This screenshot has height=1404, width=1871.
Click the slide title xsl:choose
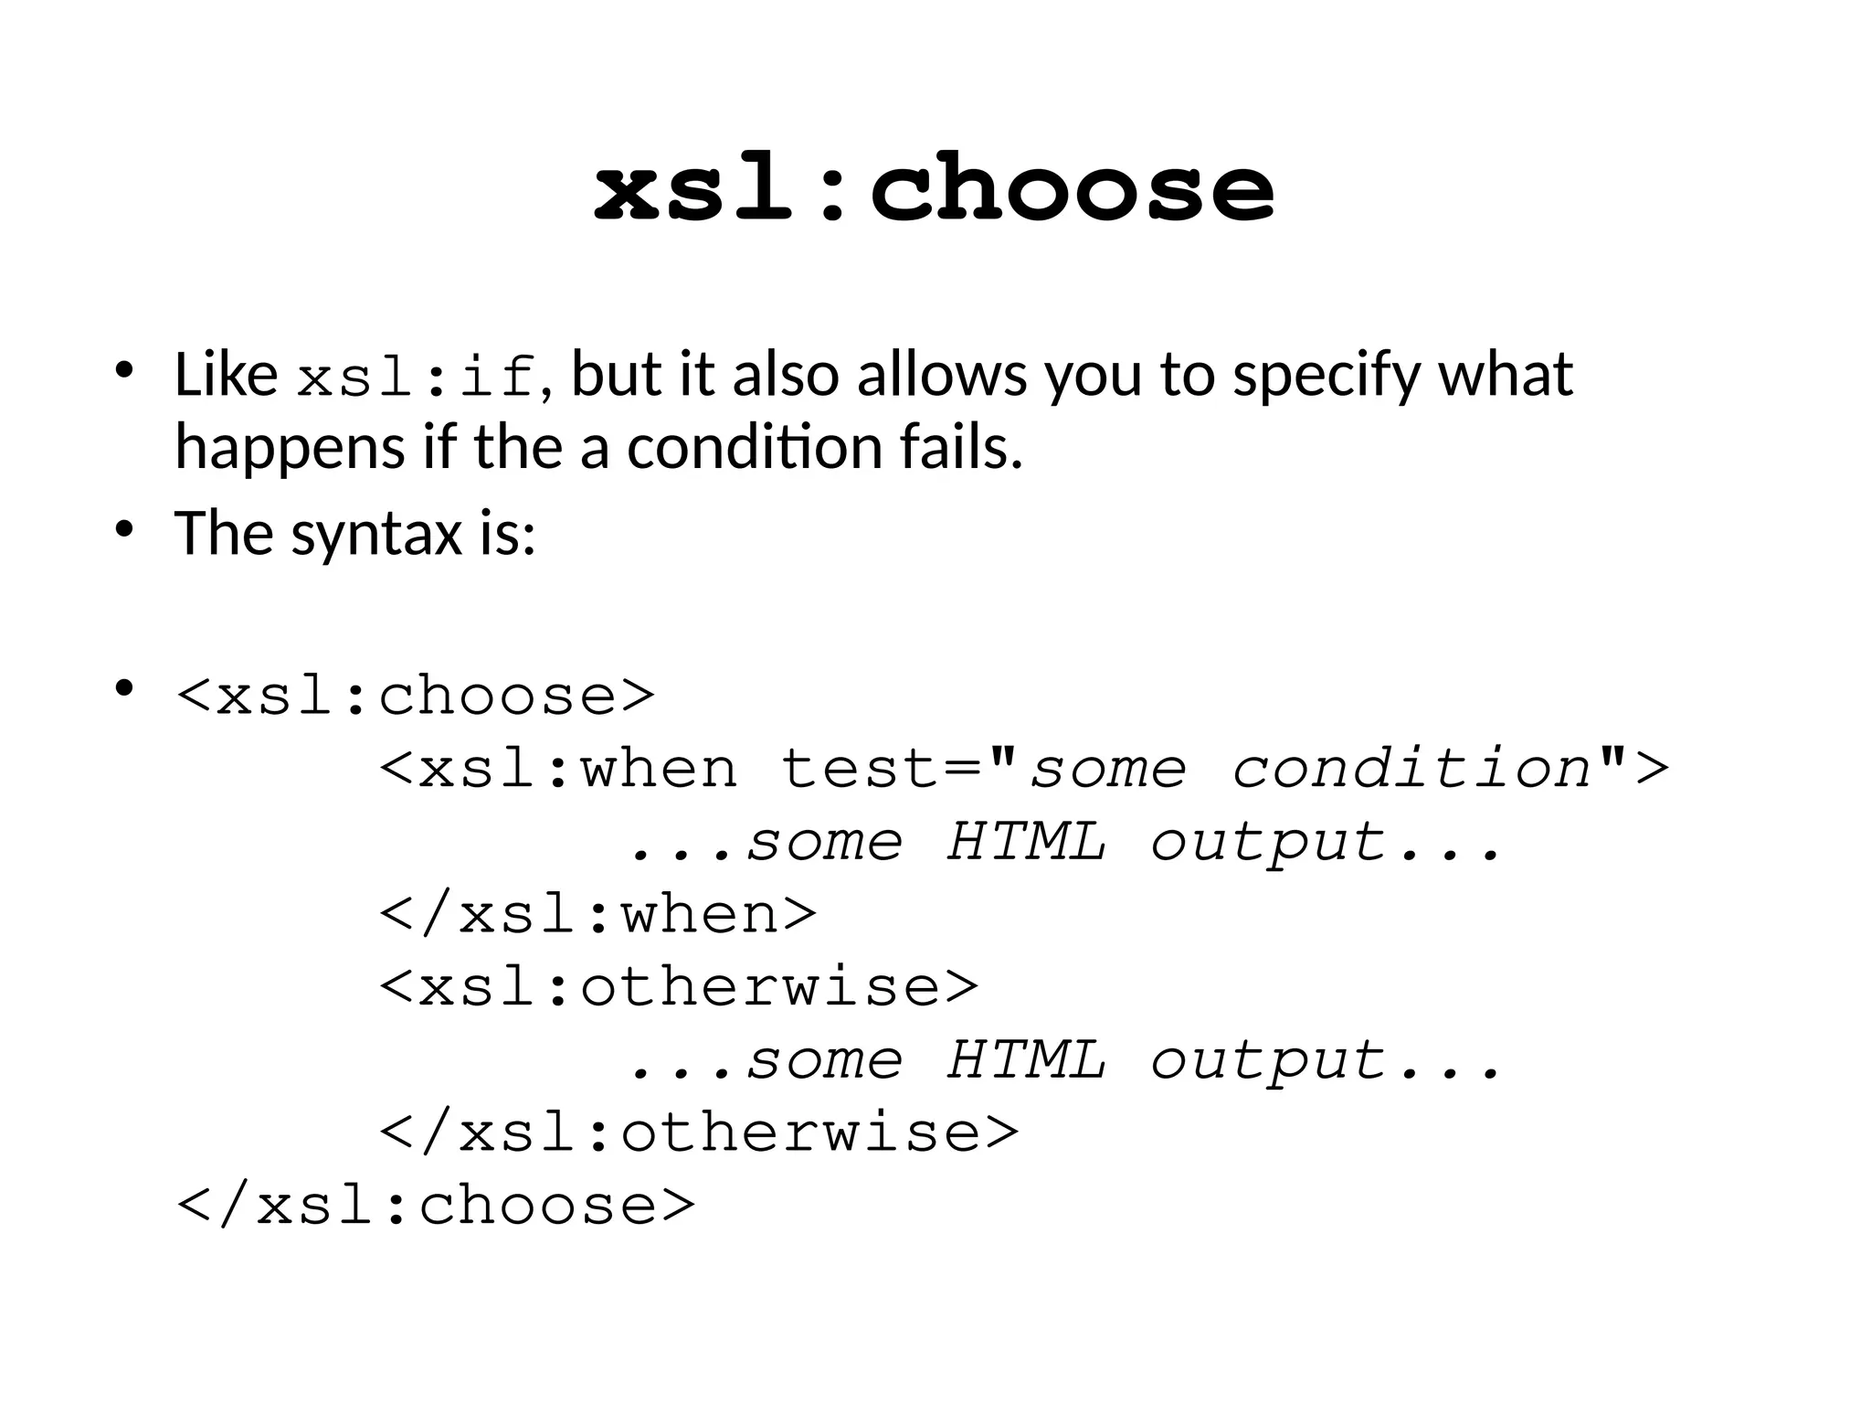[x=934, y=188]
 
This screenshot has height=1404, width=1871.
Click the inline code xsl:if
[x=417, y=377]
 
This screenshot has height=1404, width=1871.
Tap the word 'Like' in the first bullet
[x=226, y=375]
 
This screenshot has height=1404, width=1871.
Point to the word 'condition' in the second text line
[x=753, y=448]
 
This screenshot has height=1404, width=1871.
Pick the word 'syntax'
[x=376, y=534]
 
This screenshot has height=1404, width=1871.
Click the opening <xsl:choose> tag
[x=416, y=697]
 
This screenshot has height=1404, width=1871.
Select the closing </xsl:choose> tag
[x=436, y=1205]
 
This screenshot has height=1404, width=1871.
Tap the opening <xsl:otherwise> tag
[x=679, y=987]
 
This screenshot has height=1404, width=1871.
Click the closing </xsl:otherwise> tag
[x=699, y=1133]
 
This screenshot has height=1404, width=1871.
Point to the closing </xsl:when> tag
[x=598, y=914]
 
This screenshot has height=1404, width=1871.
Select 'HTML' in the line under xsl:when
[x=1026, y=841]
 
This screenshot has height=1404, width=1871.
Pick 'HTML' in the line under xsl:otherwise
[x=1026, y=1060]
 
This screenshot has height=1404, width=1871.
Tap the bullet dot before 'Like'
[x=124, y=371]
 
